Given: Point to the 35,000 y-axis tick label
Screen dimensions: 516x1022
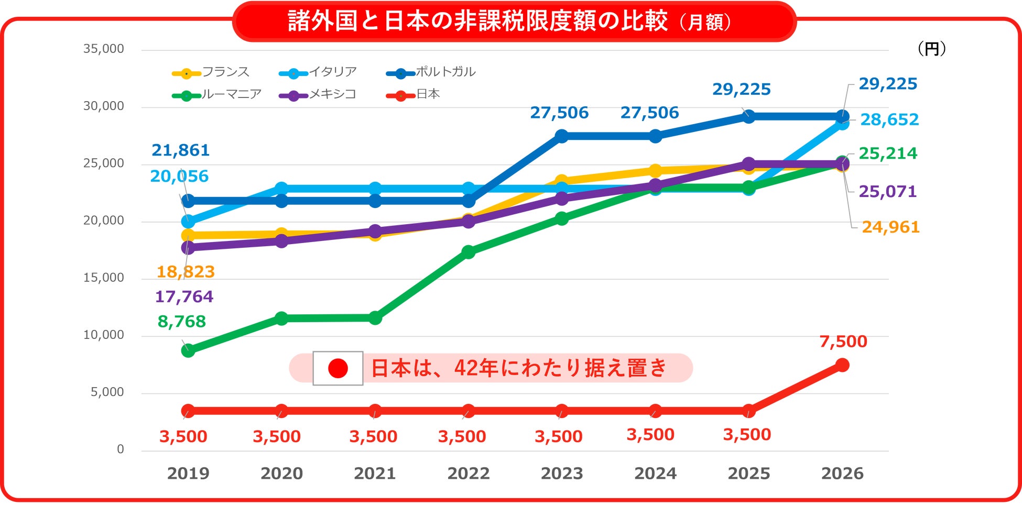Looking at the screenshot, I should tap(104, 49).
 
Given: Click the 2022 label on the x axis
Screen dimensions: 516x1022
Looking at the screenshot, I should tap(468, 474).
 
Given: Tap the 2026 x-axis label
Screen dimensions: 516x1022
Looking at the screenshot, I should tap(842, 474).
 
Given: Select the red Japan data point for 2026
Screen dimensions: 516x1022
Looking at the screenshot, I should tap(842, 365).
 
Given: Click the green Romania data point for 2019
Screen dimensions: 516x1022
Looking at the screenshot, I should tap(188, 350).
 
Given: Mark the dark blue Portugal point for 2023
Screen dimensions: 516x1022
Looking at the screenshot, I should tap(561, 136).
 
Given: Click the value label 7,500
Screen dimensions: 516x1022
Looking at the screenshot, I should tap(843, 342).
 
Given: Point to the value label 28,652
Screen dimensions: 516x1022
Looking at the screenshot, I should tap(889, 120).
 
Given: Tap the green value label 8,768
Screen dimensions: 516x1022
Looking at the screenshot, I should tap(181, 322).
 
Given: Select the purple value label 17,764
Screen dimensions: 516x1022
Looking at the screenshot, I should tap(184, 297).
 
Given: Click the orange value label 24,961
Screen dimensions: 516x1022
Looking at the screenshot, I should tap(890, 227).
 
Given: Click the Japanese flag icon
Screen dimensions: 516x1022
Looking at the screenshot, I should tap(338, 368).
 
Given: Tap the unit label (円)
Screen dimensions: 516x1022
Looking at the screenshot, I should tap(931, 49).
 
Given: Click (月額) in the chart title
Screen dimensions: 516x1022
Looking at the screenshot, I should tap(705, 23).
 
